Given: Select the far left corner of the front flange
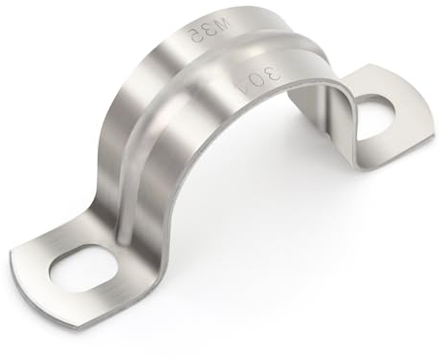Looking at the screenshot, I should point(14,254).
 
